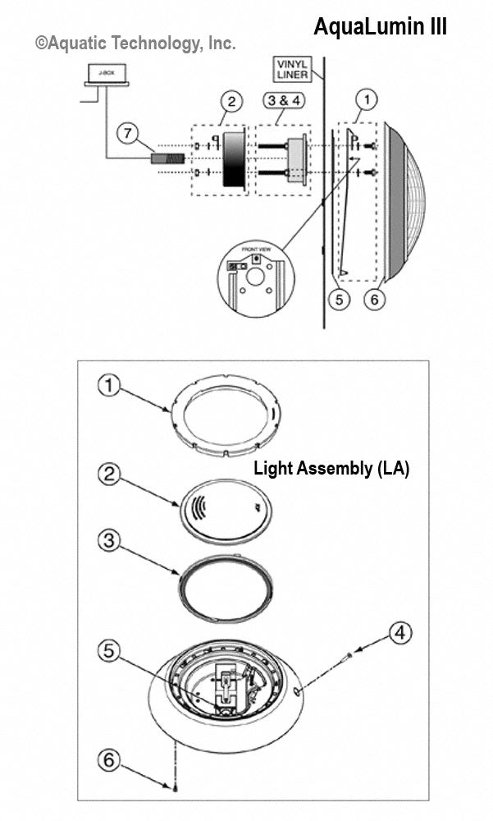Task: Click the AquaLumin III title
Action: click(x=380, y=27)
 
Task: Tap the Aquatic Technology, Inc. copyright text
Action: click(x=135, y=44)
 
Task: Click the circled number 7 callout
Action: click(x=126, y=131)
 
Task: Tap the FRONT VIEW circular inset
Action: click(x=255, y=282)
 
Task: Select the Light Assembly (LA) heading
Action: click(x=331, y=469)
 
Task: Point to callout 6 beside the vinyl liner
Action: click(x=374, y=299)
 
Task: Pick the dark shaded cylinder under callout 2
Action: click(x=235, y=158)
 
